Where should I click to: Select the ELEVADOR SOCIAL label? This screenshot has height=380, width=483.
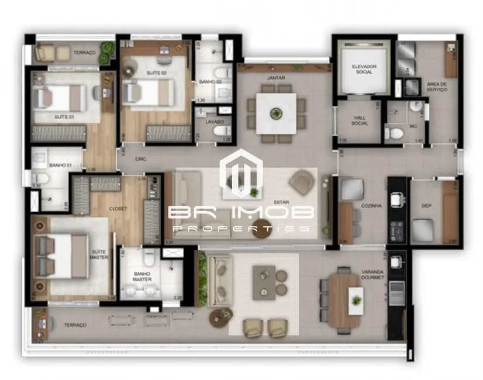[364, 69]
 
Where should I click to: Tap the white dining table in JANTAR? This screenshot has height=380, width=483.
[275, 113]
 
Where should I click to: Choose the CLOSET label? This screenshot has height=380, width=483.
[118, 208]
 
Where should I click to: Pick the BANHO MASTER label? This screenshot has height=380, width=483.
[142, 276]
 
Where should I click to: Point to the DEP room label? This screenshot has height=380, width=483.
[426, 206]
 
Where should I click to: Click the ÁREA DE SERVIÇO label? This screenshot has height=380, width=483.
[437, 87]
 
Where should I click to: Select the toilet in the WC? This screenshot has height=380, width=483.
[396, 134]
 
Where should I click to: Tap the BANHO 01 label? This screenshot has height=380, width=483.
[60, 166]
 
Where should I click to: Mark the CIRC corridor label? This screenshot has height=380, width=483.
[140, 158]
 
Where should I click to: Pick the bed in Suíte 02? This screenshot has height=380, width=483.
[149, 92]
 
